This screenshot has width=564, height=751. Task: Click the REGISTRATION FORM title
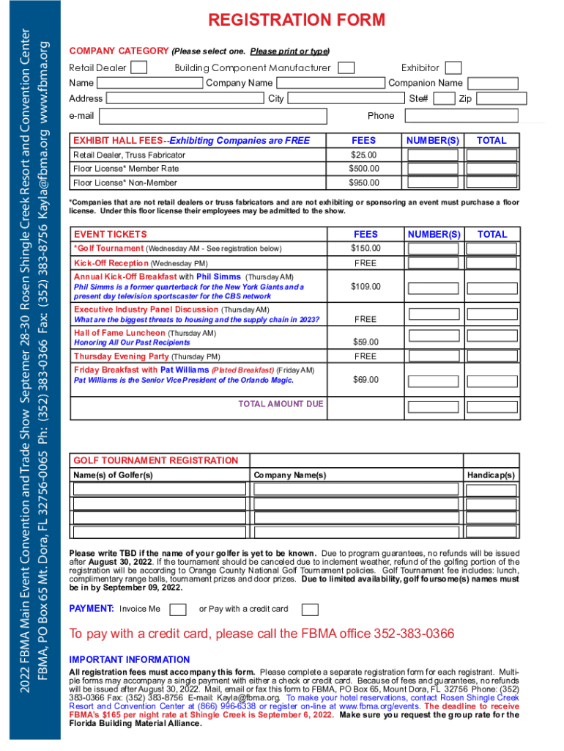297,20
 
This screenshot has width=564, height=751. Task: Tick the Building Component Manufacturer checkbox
346,68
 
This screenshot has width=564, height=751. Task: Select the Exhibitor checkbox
453,68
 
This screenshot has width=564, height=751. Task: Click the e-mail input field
212,116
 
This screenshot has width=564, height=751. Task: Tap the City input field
344,99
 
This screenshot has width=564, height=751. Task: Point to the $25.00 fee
363,155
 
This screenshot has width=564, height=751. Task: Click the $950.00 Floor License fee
363,183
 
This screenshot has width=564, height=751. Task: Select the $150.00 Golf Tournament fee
366,249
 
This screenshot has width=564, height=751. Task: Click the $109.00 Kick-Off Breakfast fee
366,286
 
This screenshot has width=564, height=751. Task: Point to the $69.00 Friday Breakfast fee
366,379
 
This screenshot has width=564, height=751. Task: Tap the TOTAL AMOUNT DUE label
281,404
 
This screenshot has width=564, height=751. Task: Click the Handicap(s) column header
491,475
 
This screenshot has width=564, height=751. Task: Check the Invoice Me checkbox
177,609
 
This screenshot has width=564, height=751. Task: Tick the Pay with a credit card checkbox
310,609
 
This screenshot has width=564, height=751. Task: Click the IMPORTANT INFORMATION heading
129,659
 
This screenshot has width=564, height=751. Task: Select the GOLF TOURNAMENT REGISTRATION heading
155,461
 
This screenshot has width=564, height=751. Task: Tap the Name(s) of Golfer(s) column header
113,475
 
